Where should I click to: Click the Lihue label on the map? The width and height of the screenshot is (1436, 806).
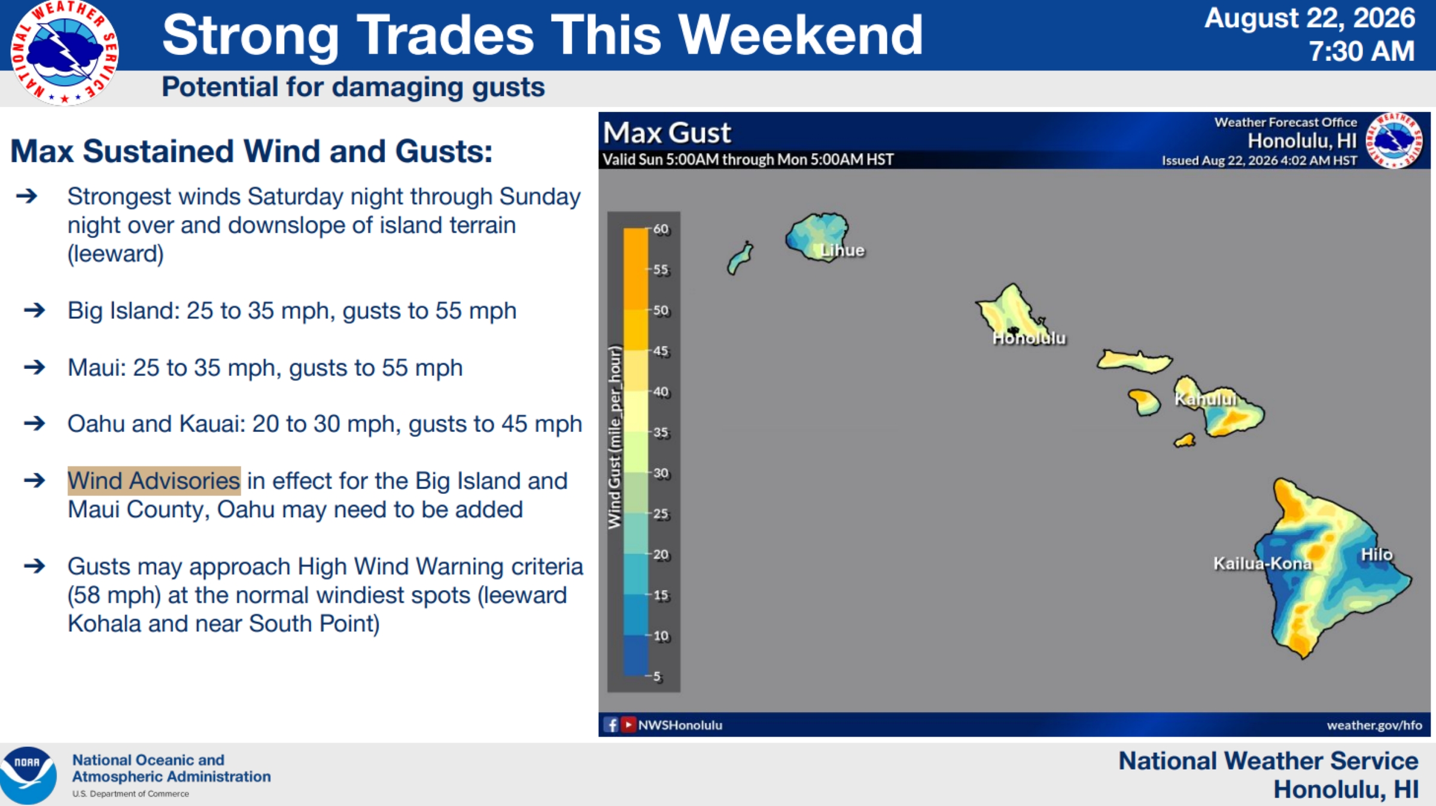pyautogui.click(x=842, y=250)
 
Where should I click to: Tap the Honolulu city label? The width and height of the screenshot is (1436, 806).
pyautogui.click(x=1029, y=338)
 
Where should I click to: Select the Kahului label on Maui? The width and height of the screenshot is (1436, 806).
pyautogui.click(x=1205, y=399)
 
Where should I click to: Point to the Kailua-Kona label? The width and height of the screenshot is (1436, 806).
pyautogui.click(x=1262, y=563)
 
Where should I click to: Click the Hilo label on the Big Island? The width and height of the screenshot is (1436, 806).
pyautogui.click(x=1377, y=554)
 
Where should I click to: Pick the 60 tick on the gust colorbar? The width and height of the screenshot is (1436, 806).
pyautogui.click(x=661, y=229)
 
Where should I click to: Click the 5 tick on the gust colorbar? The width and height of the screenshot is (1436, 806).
pyautogui.click(x=657, y=676)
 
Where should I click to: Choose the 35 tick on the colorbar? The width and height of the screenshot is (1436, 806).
pyautogui.click(x=661, y=432)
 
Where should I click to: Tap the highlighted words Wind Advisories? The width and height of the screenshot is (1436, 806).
pyautogui.click(x=154, y=481)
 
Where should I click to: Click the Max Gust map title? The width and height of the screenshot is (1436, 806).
pyautogui.click(x=667, y=133)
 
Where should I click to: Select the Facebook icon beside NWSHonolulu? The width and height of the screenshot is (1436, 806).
pyautogui.click(x=611, y=725)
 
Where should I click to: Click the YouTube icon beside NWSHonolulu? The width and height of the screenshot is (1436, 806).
pyautogui.click(x=628, y=725)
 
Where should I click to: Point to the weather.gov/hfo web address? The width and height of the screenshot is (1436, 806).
pyautogui.click(x=1374, y=725)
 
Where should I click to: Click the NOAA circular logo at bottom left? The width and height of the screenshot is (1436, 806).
pyautogui.click(x=28, y=775)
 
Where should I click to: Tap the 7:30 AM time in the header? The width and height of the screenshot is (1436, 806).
pyautogui.click(x=1362, y=51)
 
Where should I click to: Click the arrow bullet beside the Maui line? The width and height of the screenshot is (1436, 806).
pyautogui.click(x=35, y=367)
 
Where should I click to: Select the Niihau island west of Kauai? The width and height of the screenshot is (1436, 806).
pyautogui.click(x=740, y=258)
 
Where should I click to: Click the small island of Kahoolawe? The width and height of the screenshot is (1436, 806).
pyautogui.click(x=1185, y=441)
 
